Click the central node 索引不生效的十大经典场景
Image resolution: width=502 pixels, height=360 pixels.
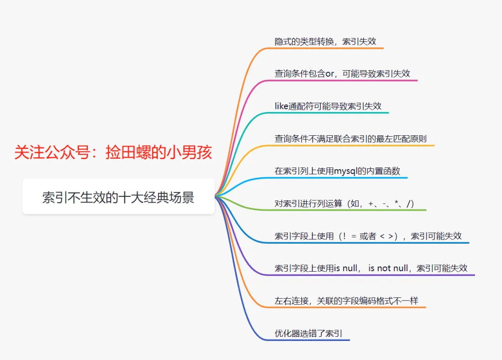(118, 198)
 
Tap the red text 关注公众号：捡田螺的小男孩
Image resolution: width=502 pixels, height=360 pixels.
(113, 153)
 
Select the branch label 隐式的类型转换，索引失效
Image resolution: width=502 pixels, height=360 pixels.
(325, 41)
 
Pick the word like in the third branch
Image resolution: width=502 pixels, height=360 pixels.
(281, 106)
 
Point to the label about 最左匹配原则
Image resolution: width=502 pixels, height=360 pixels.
(350, 138)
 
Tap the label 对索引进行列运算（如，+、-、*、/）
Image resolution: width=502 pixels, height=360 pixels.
(344, 203)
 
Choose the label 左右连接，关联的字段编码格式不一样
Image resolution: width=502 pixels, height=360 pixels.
(346, 300)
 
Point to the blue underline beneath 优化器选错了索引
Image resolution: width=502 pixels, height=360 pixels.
(311, 340)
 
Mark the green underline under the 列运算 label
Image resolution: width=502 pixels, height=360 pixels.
(349, 210)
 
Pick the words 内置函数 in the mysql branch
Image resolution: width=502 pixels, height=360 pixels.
(384, 171)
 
